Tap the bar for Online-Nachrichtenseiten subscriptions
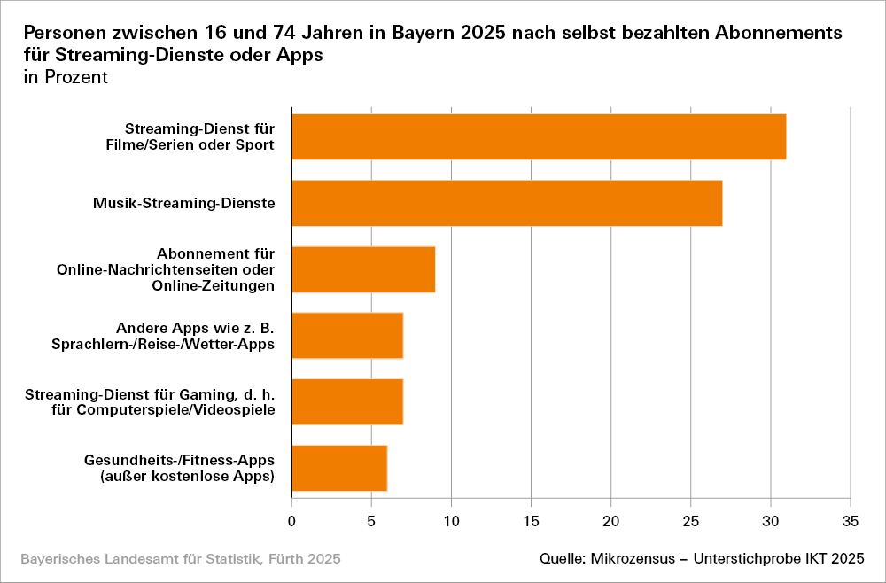(x=363, y=269)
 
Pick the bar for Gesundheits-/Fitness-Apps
(x=339, y=468)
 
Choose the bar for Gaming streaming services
(x=347, y=401)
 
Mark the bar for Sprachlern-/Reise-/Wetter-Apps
(x=347, y=335)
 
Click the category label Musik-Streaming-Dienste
(x=184, y=204)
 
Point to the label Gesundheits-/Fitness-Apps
(x=180, y=460)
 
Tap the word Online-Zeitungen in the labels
(x=214, y=285)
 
